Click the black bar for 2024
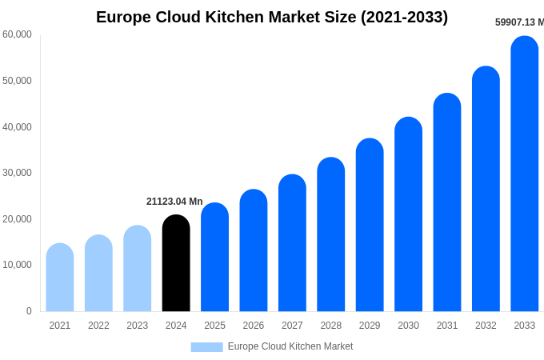[x=176, y=263]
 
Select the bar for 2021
[x=60, y=278]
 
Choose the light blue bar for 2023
[x=138, y=269]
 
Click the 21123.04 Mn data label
[x=174, y=202]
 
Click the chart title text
[x=272, y=17]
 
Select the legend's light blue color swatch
[x=206, y=347]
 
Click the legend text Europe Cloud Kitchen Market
[x=290, y=346]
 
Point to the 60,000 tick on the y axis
[x=17, y=34]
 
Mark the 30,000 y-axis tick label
[x=17, y=173]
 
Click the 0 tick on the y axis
[x=29, y=311]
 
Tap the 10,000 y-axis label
[x=17, y=265]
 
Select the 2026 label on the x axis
[x=254, y=326]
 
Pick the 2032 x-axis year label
[x=486, y=326]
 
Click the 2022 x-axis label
[x=98, y=326]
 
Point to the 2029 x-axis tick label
[x=370, y=326]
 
